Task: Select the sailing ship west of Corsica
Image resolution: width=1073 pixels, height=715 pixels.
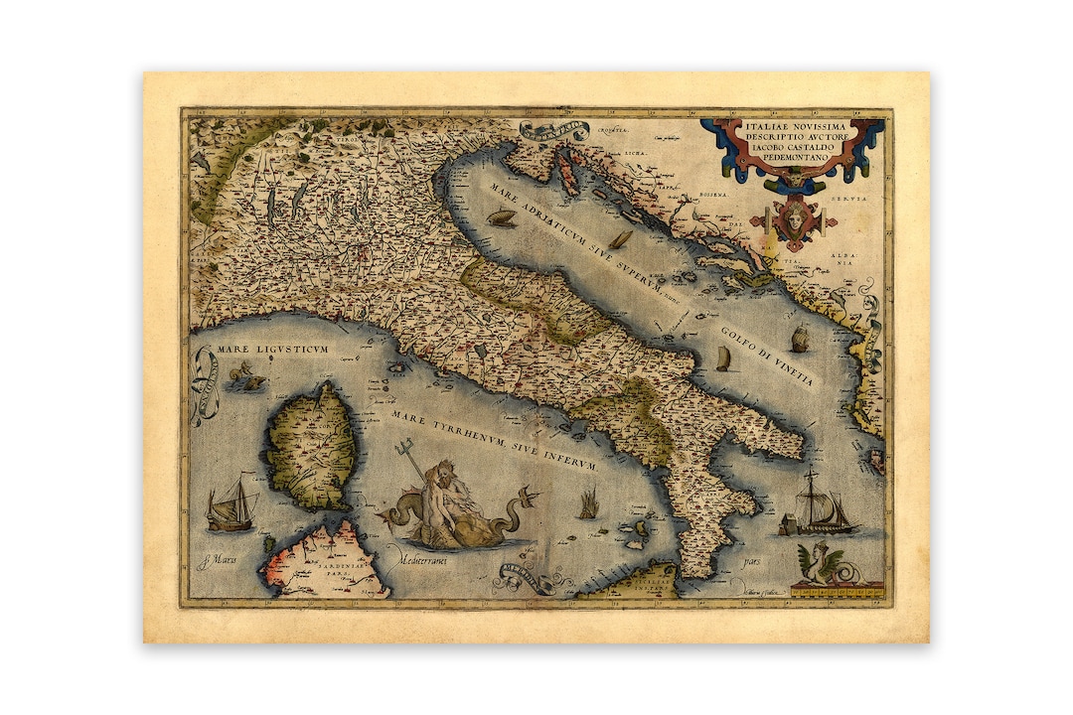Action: pyautogui.click(x=230, y=503)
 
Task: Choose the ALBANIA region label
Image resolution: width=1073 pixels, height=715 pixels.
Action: pyautogui.click(x=843, y=258)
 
